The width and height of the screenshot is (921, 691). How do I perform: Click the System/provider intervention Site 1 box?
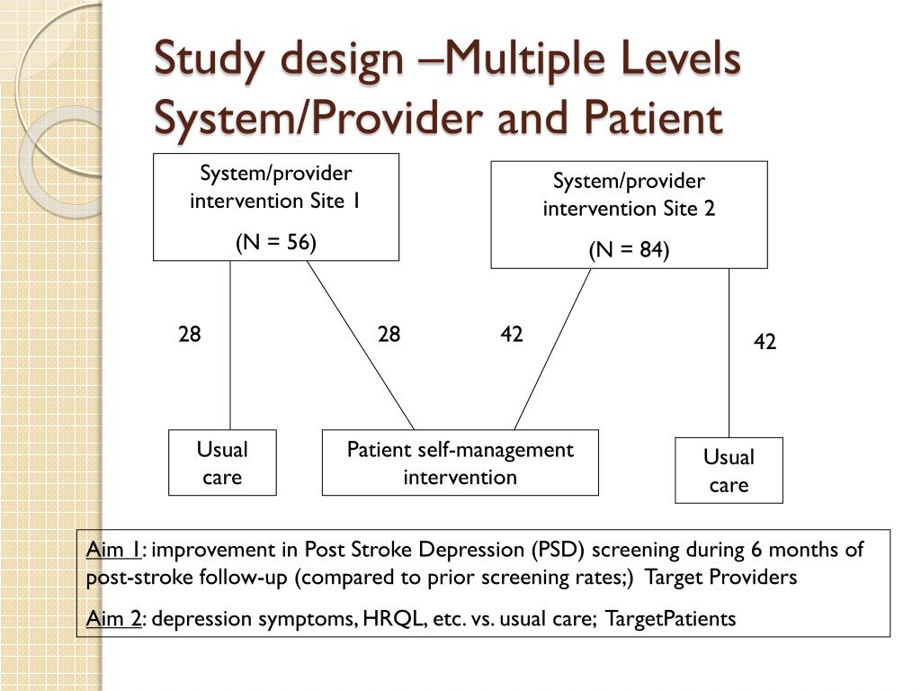(275, 207)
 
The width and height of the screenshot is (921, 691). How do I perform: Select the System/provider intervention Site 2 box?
(629, 215)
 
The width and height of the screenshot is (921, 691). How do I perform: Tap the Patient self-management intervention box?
(460, 462)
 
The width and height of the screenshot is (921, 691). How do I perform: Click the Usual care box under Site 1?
(222, 462)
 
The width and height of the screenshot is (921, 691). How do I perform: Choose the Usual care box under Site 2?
(729, 470)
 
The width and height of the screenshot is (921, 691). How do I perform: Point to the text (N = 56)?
(275, 242)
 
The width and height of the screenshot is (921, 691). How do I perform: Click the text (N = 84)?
(629, 250)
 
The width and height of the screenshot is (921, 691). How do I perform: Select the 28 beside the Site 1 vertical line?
(190, 335)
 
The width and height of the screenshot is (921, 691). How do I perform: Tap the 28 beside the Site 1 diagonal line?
(389, 335)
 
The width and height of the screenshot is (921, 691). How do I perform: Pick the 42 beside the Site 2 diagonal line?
(512, 335)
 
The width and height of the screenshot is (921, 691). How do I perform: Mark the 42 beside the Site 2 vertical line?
(765, 343)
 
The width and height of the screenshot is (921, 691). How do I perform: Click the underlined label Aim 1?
(113, 550)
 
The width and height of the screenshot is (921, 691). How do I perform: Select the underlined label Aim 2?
(113, 618)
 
